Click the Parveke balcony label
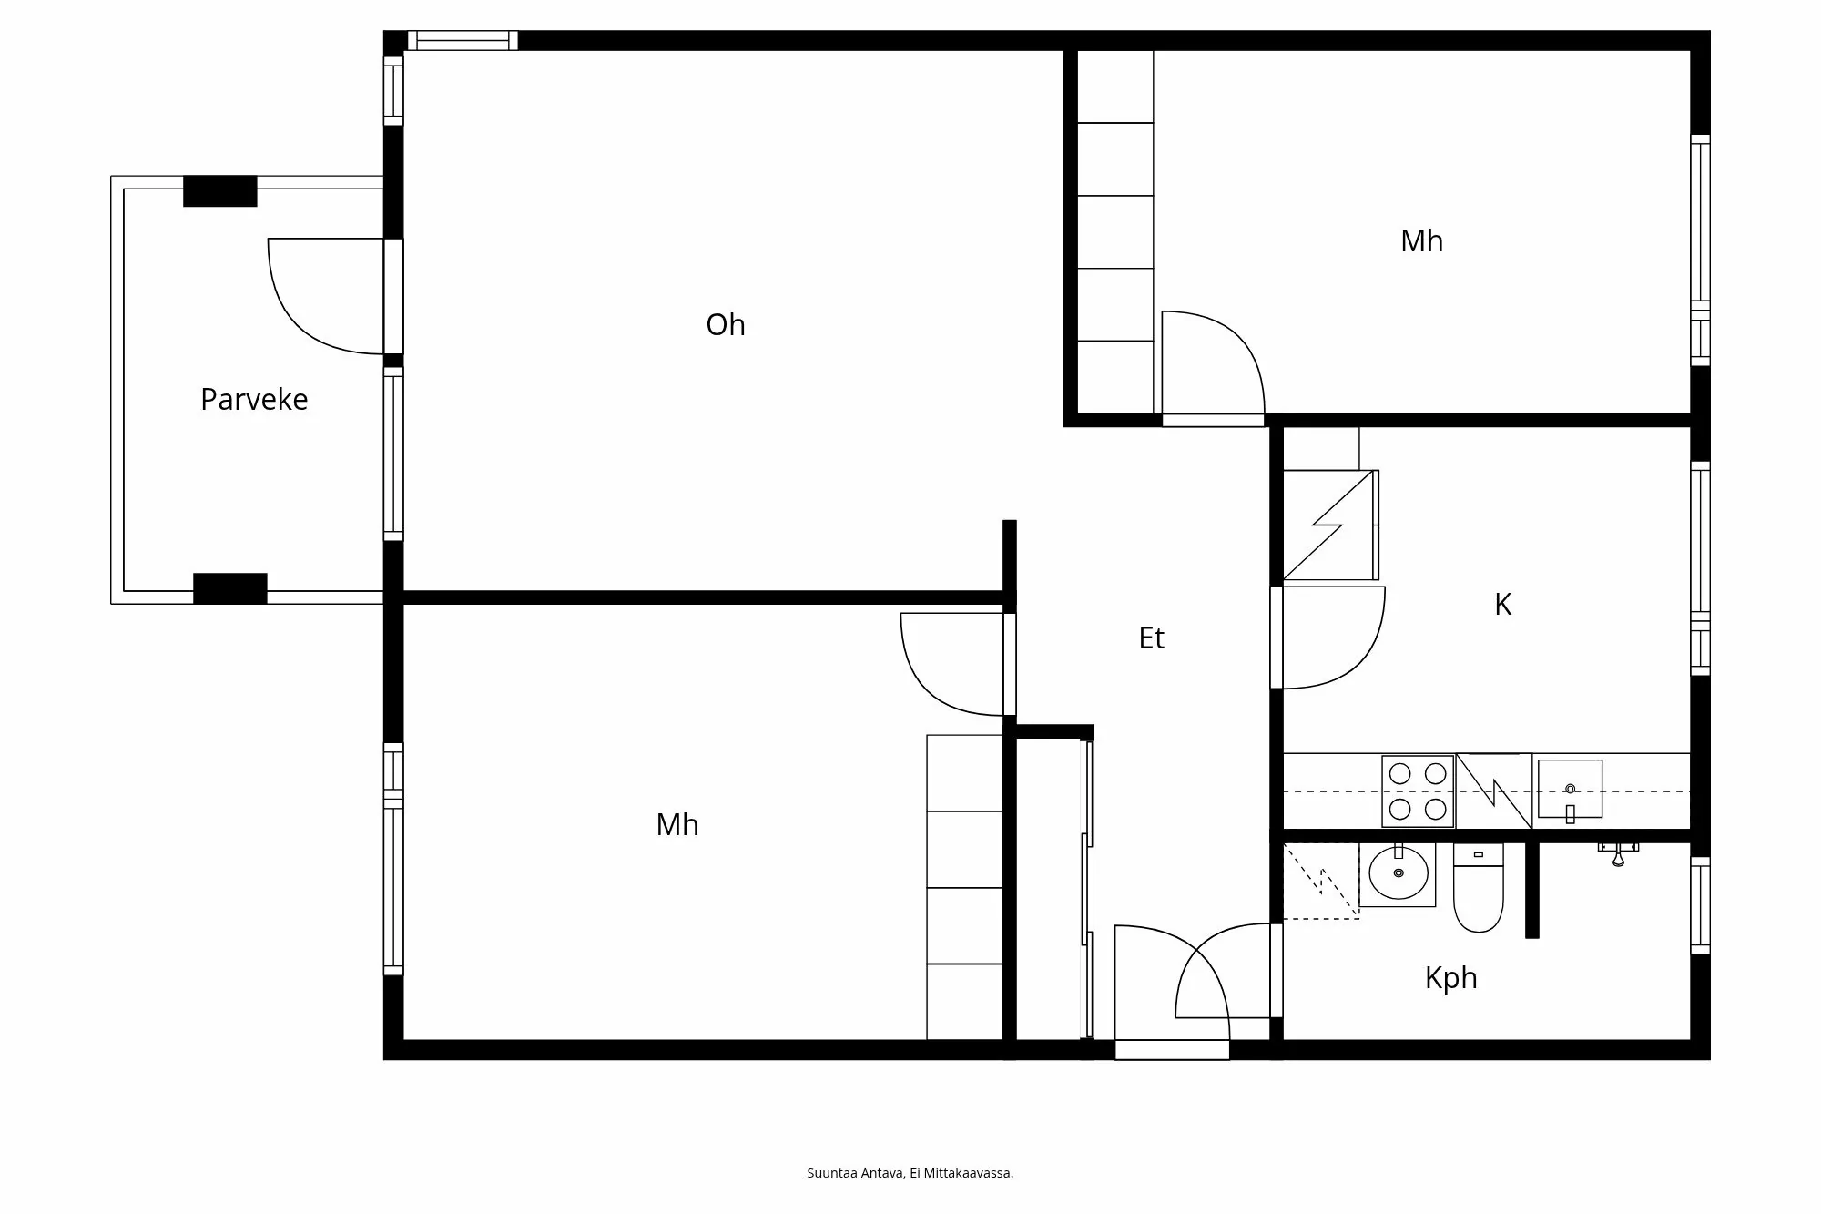[254, 400]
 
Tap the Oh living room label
[725, 325]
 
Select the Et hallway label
[1151, 638]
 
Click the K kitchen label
[1502, 605]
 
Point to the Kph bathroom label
[1450, 978]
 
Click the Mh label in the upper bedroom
[1421, 241]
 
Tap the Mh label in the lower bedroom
[677, 825]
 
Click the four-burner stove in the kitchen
[1418, 791]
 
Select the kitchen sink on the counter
[1570, 790]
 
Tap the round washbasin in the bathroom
[1398, 873]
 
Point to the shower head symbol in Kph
[1618, 854]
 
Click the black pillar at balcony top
[220, 191]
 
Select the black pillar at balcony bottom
[230, 588]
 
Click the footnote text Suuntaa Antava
[910, 1173]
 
